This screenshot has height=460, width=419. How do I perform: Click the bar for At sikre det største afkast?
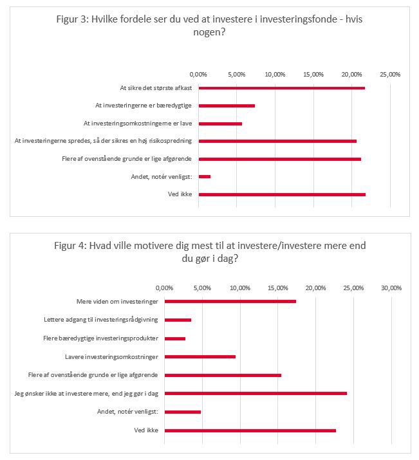pyautogui.click(x=282, y=88)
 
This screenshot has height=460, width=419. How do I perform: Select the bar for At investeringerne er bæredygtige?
pyautogui.click(x=227, y=106)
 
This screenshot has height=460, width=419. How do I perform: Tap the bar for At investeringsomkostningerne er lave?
pyautogui.click(x=220, y=124)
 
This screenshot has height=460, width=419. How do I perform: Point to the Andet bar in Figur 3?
pyautogui.click(x=205, y=177)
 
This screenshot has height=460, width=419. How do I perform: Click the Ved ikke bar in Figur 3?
pyautogui.click(x=282, y=194)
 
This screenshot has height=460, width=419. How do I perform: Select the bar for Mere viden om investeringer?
pyautogui.click(x=230, y=301)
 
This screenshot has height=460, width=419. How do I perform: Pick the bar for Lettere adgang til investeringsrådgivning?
pyautogui.click(x=178, y=320)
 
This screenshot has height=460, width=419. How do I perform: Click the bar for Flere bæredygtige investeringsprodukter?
pyautogui.click(x=175, y=338)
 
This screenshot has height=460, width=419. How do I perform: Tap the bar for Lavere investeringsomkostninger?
pyautogui.click(x=200, y=356)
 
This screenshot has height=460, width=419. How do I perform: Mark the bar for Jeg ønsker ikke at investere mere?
pyautogui.click(x=256, y=393)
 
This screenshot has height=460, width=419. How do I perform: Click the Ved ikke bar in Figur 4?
pyautogui.click(x=250, y=430)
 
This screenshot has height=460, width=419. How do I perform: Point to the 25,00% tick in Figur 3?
pyautogui.click(x=390, y=75)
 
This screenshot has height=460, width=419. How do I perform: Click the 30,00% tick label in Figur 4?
pyautogui.click(x=391, y=288)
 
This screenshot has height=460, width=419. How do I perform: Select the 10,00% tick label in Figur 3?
pyautogui.click(x=275, y=75)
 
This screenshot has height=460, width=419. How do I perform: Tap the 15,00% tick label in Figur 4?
pyautogui.click(x=278, y=288)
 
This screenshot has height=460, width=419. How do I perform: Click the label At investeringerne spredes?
pyautogui.click(x=103, y=141)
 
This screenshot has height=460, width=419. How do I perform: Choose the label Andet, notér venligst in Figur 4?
pyautogui.click(x=127, y=412)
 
